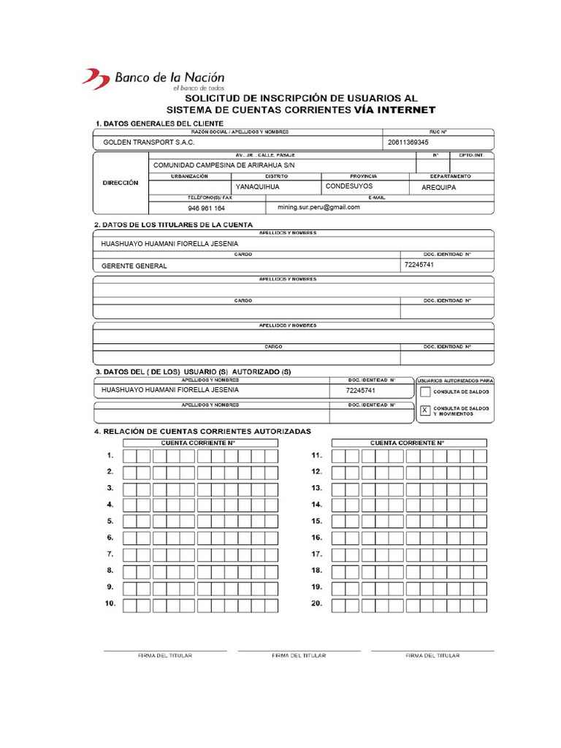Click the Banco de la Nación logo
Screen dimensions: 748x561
point(153,79)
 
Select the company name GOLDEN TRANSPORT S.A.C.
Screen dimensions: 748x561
point(149,142)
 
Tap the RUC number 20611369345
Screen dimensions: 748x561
point(408,142)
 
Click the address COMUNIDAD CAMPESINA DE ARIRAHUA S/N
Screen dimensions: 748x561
point(224,165)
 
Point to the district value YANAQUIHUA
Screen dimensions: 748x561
point(257,187)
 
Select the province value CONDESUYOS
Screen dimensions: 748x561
point(349,186)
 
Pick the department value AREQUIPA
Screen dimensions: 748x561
point(438,188)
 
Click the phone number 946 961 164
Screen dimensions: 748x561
point(207,208)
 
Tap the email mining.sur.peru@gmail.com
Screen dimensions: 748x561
point(318,207)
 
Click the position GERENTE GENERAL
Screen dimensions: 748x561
point(134,266)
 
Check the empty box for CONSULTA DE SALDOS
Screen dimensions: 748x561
point(426,392)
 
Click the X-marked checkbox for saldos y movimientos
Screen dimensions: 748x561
point(426,411)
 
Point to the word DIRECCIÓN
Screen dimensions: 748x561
point(121,183)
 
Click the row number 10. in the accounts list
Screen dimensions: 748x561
point(110,603)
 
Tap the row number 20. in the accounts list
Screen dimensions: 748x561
point(317,603)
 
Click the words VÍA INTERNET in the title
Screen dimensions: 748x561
point(394,110)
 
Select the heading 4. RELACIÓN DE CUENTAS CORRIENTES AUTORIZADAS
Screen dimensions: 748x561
point(202,432)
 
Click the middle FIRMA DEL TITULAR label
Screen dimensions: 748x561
point(299,656)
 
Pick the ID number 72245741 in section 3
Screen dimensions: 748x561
point(361,391)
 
